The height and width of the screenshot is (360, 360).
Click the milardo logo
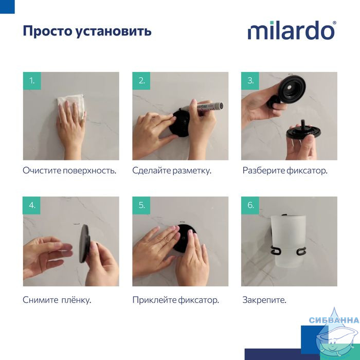[x=292, y=30]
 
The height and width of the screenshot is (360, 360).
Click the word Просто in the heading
[x=48, y=31]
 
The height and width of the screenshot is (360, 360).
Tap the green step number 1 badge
[x=32, y=81]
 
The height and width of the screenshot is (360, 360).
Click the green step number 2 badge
[x=141, y=81]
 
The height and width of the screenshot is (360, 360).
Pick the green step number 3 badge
[x=250, y=81]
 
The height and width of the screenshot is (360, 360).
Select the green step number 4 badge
[x=32, y=206]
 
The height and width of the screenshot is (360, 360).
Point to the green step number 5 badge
[x=141, y=206]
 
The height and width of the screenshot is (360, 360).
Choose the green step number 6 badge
[x=250, y=206]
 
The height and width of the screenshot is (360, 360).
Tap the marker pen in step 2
[x=202, y=107]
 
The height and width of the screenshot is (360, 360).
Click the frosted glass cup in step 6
[x=289, y=242]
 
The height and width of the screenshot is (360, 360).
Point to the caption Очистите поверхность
[x=69, y=171]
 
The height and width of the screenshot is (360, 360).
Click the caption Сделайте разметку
[x=172, y=171]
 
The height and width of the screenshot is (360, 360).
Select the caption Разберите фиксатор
[x=285, y=171]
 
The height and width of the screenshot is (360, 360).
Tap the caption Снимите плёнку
[x=57, y=300]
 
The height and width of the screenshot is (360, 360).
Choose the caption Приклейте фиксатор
[x=176, y=300]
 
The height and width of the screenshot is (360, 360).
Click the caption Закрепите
[x=264, y=300]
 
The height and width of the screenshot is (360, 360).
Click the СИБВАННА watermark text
[x=334, y=320]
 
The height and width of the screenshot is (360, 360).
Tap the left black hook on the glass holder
[x=275, y=251]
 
